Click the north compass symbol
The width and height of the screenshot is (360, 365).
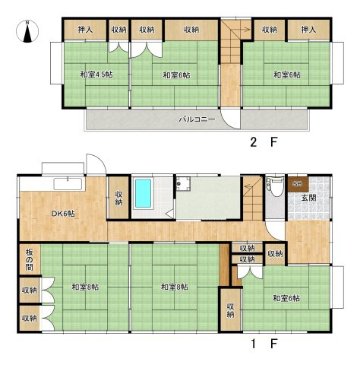27,31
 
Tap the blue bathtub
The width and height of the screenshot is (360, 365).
144,193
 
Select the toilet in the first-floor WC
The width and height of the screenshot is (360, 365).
276,186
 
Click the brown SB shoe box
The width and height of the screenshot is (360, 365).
298,184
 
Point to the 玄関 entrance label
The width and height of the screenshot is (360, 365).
309,198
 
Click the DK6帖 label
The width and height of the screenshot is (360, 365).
63,214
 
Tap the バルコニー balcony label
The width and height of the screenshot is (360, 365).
197,119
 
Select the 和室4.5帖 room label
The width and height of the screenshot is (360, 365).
96,75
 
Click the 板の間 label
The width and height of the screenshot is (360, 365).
30,259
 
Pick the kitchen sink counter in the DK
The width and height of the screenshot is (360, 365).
68,184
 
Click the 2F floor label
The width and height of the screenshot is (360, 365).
264,142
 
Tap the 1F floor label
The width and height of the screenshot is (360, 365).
264,344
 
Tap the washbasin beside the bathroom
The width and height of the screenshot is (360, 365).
183,184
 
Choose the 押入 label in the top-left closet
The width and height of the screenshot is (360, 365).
85,30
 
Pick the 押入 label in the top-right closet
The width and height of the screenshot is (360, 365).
308,30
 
